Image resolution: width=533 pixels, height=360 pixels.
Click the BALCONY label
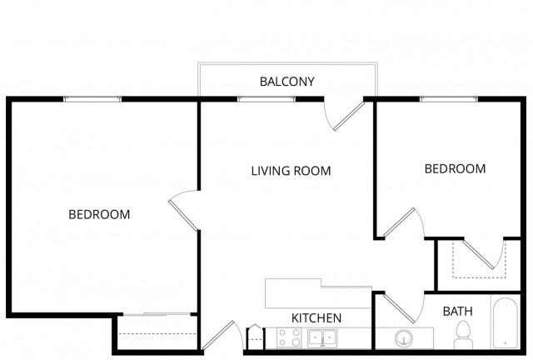[x=286, y=82]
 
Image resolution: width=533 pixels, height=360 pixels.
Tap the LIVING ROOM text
[x=291, y=171]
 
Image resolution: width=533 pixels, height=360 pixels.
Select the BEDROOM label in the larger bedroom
[x=99, y=214]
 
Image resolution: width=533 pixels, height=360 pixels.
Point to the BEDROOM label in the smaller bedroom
[x=456, y=169]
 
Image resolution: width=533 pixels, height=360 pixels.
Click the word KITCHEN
[x=316, y=318]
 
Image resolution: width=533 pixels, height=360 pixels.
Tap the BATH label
[x=458, y=312]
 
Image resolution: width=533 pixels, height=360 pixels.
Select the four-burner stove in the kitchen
[x=289, y=337]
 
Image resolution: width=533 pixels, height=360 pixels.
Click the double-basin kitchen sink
[x=322, y=337]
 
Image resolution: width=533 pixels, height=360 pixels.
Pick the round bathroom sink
[x=404, y=338]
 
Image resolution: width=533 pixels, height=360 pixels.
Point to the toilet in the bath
[x=463, y=335]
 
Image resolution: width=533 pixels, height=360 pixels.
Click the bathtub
[x=506, y=322]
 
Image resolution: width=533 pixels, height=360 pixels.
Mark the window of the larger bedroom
[x=92, y=99]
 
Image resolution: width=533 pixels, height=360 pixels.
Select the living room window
[x=266, y=99]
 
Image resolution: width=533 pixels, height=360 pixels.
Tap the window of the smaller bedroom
[x=449, y=99]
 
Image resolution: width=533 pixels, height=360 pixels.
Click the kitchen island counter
[x=318, y=293]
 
